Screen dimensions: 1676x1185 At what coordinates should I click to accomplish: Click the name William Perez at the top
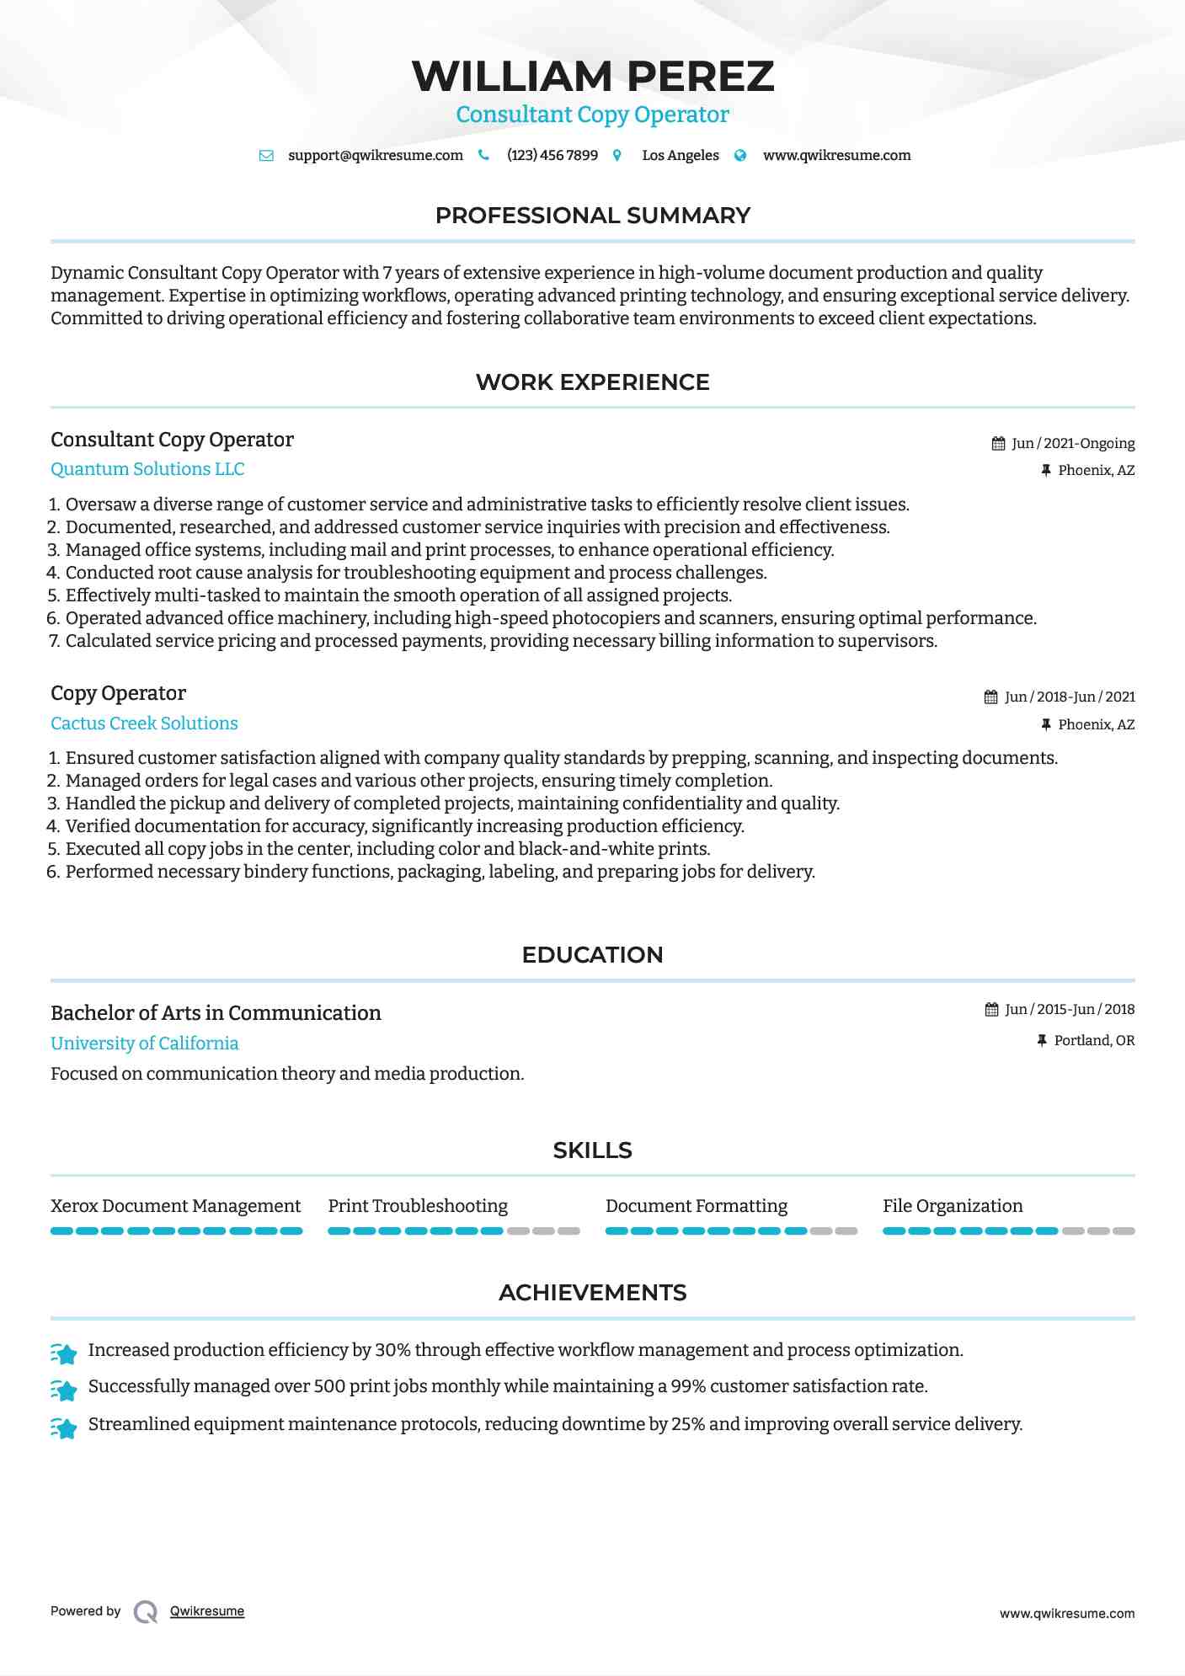pyautogui.click(x=592, y=76)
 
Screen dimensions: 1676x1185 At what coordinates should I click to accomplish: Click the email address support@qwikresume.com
pyautogui.click(x=375, y=155)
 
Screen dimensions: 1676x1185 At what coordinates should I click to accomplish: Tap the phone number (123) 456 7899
pyautogui.click(x=552, y=155)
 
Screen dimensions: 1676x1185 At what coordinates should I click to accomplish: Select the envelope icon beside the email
pyautogui.click(x=266, y=155)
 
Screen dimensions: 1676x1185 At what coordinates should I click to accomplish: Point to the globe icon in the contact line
pyautogui.click(x=740, y=155)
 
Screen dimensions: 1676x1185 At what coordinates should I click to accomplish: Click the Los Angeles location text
pyautogui.click(x=680, y=155)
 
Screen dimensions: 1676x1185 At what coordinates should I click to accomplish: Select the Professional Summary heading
pyautogui.click(x=592, y=216)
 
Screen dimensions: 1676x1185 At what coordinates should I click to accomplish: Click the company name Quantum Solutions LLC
pyautogui.click(x=147, y=469)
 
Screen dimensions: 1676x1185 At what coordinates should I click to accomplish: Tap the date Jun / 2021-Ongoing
pyautogui.click(x=1072, y=443)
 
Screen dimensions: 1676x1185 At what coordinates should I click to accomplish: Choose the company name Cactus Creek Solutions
pyautogui.click(x=144, y=723)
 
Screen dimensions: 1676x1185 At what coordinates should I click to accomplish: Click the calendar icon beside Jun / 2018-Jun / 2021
pyautogui.click(x=990, y=697)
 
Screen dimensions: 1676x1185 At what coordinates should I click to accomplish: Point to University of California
pyautogui.click(x=144, y=1043)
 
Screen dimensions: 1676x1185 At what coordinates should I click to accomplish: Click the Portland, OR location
pyautogui.click(x=1094, y=1040)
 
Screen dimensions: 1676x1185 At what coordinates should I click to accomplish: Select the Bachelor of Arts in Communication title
pyautogui.click(x=216, y=1012)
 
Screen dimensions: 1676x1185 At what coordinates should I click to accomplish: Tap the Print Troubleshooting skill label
pyautogui.click(x=418, y=1206)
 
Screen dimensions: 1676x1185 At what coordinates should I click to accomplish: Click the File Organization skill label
pyautogui.click(x=953, y=1206)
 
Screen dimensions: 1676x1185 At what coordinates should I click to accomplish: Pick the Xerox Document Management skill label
pyautogui.click(x=175, y=1206)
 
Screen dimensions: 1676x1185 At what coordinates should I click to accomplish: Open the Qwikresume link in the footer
pyautogui.click(x=206, y=1611)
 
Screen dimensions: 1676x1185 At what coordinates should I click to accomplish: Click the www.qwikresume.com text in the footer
pyautogui.click(x=1066, y=1614)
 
